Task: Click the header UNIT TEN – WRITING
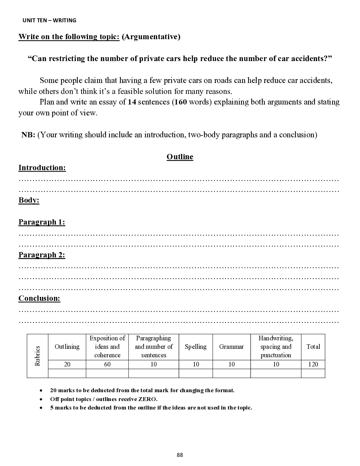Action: coord(49,20)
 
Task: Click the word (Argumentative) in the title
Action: coord(151,37)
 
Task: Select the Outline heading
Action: coord(180,157)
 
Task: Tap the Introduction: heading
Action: coord(42,168)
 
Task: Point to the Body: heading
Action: coord(29,200)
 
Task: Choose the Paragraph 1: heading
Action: coord(42,222)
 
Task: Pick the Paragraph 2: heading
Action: coord(42,255)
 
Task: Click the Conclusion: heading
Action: coord(39,298)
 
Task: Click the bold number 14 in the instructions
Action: coord(132,102)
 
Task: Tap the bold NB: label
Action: coord(28,135)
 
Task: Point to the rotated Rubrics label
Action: coord(37,356)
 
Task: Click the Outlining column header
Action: coord(67,347)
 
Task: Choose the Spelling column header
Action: coord(196,347)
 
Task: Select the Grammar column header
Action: coord(231,347)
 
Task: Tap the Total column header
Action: coord(313,347)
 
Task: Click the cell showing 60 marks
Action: coord(107,364)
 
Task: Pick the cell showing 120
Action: coord(313,364)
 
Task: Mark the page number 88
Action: coord(180,455)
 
